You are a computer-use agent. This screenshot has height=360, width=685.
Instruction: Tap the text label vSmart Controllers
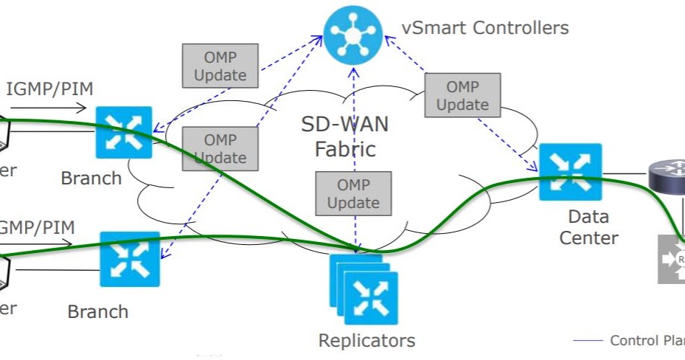point(485,28)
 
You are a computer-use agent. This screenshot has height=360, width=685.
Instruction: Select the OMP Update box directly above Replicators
point(353,193)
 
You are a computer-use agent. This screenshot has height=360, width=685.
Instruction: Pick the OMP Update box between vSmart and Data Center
point(462,95)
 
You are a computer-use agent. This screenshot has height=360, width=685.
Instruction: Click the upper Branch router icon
point(124,133)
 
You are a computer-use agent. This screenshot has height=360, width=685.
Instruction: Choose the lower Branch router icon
point(129,260)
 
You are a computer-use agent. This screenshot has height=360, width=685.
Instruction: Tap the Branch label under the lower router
point(97,311)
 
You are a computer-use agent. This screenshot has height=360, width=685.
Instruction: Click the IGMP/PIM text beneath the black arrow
point(49,89)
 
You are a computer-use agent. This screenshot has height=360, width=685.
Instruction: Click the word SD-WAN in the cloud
point(344,123)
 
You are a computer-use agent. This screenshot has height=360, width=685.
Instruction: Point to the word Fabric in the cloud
point(345,149)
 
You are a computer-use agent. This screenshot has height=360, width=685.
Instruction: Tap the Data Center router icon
point(570,172)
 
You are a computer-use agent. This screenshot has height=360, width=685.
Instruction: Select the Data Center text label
point(588,227)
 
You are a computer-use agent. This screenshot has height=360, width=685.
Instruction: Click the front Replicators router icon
point(371,298)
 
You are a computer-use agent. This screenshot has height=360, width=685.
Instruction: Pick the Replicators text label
point(366,341)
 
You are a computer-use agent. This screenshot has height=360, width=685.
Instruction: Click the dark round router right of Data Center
point(667,175)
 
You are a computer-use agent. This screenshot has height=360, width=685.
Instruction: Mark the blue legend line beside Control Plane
point(588,341)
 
